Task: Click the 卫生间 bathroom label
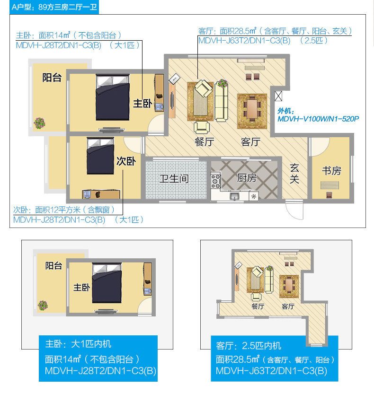click(x=174, y=179)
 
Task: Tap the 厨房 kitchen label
click(x=247, y=178)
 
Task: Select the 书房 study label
click(x=331, y=171)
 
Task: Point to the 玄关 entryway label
click(x=294, y=174)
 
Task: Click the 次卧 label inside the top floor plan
click(x=126, y=161)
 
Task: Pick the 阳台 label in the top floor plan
click(x=52, y=78)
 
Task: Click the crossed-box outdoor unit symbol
click(x=278, y=96)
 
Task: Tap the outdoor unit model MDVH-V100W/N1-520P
click(x=318, y=119)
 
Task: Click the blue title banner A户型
click(x=54, y=7)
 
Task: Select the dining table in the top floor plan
click(x=252, y=109)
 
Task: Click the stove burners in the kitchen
click(x=216, y=180)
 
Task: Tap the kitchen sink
click(x=235, y=196)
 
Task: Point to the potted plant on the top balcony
click(x=39, y=123)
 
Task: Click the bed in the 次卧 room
click(x=100, y=156)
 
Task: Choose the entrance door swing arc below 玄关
click(x=294, y=210)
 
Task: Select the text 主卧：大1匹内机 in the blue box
click(x=78, y=344)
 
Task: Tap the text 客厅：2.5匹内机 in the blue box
click(x=249, y=346)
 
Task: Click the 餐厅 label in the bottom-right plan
click(x=258, y=306)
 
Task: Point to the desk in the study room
click(x=329, y=185)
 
